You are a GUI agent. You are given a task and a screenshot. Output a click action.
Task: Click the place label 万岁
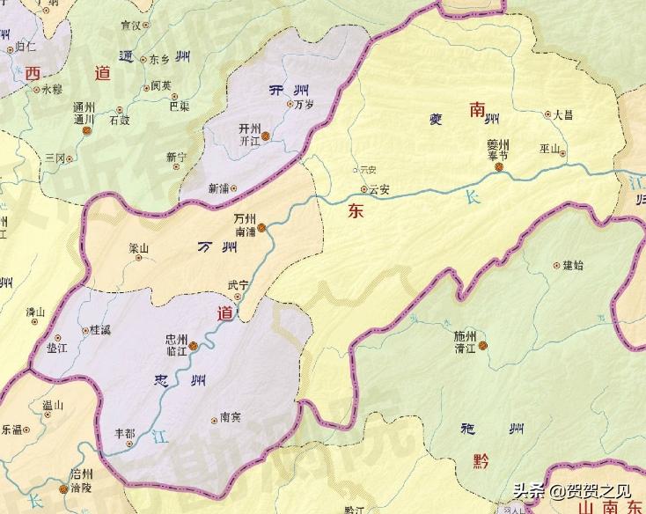(x=305, y=106)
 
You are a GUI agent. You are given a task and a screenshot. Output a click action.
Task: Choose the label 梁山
(x=138, y=248)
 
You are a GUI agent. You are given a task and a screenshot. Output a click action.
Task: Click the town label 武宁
(x=238, y=284)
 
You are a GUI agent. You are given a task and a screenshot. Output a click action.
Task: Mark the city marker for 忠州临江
(x=193, y=346)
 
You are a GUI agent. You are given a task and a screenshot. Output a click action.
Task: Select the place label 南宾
(x=231, y=419)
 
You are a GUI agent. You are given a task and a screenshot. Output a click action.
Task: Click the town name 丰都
(x=126, y=433)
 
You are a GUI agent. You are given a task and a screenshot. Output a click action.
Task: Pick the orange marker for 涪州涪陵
(x=62, y=489)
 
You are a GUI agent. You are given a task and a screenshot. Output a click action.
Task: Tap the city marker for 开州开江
(x=266, y=136)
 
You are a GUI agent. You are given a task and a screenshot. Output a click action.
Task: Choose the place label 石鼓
(x=119, y=121)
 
